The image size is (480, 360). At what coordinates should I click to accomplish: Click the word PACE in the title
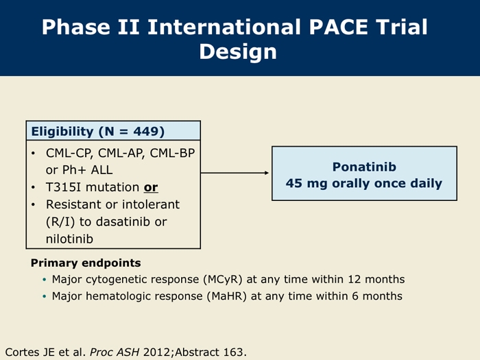pos(338,27)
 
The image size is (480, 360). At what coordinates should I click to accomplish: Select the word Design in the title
pos(238,52)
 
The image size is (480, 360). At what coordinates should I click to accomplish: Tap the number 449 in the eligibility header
pos(145,132)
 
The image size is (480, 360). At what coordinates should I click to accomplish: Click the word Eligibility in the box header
pos(62,132)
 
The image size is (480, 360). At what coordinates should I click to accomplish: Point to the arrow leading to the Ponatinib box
pos(235,173)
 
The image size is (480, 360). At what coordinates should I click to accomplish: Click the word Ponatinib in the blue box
pos(364,167)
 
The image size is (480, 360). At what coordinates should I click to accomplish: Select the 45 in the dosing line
pos(294,183)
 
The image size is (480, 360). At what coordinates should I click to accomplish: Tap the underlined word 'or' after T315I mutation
pos(151,187)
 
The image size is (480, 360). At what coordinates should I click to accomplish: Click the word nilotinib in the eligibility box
pos(69,239)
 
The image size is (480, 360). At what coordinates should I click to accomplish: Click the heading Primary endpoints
pos(86,263)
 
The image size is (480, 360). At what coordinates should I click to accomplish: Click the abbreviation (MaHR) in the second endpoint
pos(227,296)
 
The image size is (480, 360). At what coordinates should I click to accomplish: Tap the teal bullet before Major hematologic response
pos(45,296)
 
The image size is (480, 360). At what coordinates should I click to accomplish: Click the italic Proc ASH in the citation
pos(115,352)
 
